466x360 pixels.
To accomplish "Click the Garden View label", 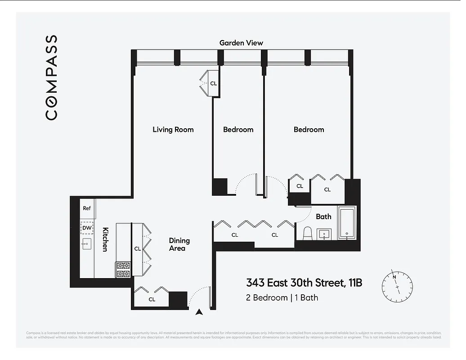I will [241, 43].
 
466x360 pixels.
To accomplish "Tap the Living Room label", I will [173, 130].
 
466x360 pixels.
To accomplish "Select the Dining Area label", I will [179, 244].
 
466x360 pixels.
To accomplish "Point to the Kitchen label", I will [105, 239].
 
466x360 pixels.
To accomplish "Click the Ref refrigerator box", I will [87, 208].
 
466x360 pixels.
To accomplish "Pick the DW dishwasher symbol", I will [87, 228].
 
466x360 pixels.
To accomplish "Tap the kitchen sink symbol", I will [86, 243].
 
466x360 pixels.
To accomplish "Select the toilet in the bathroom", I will [308, 234].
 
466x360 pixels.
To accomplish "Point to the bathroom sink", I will [324, 234].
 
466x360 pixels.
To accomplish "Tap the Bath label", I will [323, 216].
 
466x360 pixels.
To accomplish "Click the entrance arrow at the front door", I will [200, 311].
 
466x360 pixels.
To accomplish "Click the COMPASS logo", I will [52, 77].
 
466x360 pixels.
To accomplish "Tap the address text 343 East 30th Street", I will [304, 283].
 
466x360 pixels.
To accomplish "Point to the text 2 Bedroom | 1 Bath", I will [282, 297].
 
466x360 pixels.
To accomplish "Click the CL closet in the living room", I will [213, 83].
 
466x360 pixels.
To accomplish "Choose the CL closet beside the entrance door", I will [152, 299].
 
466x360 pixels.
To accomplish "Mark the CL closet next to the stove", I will [138, 248].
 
